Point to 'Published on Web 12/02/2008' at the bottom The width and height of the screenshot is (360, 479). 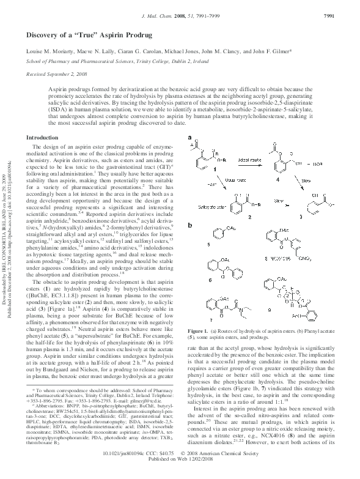(x=180, y=475)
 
